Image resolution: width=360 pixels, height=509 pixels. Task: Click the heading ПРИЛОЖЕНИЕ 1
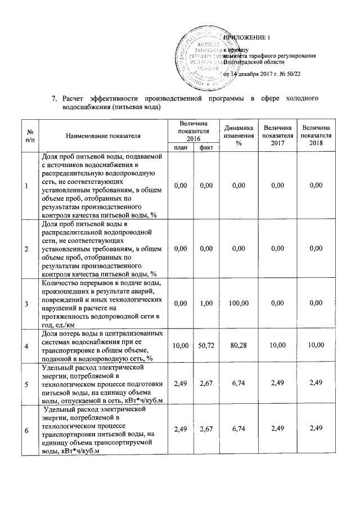point(247,38)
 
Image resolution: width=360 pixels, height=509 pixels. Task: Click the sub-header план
point(181,147)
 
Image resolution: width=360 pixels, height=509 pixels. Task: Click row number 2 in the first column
point(26,249)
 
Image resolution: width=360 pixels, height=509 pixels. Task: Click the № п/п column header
point(26,135)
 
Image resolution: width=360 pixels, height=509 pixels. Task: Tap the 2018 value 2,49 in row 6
point(316,430)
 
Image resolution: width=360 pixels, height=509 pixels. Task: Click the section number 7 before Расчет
point(53,100)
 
